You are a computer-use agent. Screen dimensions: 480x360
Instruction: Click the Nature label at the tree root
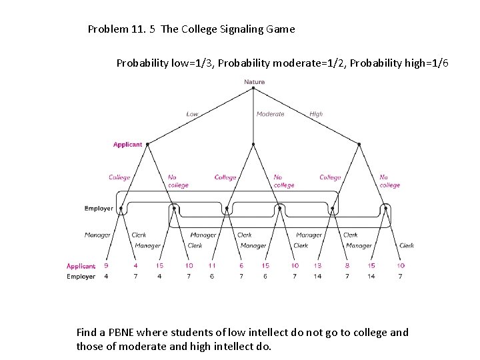pyautogui.click(x=254, y=82)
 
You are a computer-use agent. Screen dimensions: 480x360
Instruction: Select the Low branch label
pyautogui.click(x=192, y=114)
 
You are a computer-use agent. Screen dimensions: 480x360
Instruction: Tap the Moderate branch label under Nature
pyautogui.click(x=270, y=114)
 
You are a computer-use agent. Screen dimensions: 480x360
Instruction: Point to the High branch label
pyautogui.click(x=316, y=114)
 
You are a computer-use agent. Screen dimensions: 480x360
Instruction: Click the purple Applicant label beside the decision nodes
pyautogui.click(x=127, y=145)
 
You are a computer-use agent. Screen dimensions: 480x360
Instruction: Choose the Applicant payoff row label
pyautogui.click(x=81, y=266)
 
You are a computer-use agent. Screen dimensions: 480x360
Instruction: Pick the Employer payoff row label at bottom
pyautogui.click(x=81, y=277)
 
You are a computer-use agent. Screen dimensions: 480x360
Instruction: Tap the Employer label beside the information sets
pyautogui.click(x=99, y=209)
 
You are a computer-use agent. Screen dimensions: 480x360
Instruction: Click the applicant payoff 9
pyautogui.click(x=107, y=266)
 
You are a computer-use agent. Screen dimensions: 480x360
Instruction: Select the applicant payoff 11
pyautogui.click(x=212, y=266)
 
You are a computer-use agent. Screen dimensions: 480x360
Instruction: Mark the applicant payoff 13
pyautogui.click(x=317, y=266)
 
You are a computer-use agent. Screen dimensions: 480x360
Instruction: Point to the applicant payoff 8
pyautogui.click(x=347, y=266)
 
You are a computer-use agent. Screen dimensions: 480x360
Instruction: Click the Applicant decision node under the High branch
pyautogui.click(x=359, y=144)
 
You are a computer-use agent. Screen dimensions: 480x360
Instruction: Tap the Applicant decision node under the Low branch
pyautogui.click(x=147, y=144)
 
